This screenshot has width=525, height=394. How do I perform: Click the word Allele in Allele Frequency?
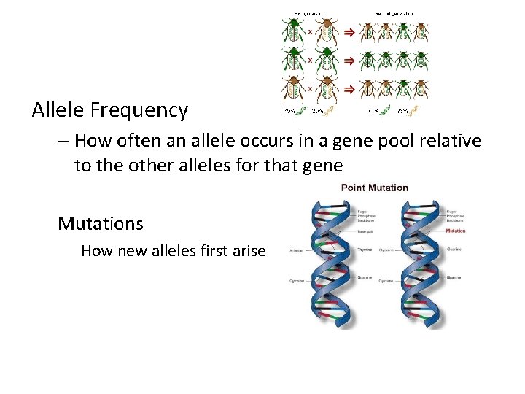pyautogui.click(x=59, y=110)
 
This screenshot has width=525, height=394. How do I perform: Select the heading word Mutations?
pyautogui.click(x=101, y=223)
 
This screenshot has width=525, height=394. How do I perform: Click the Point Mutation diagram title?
pyautogui.click(x=374, y=188)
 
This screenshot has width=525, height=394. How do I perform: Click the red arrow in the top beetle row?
pyautogui.click(x=349, y=33)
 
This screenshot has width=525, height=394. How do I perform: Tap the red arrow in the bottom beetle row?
pyautogui.click(x=349, y=88)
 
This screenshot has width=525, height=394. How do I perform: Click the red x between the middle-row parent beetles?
pyautogui.click(x=310, y=60)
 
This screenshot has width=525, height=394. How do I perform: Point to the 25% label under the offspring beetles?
pyautogui.click(x=402, y=112)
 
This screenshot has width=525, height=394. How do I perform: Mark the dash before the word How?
pyautogui.click(x=64, y=140)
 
